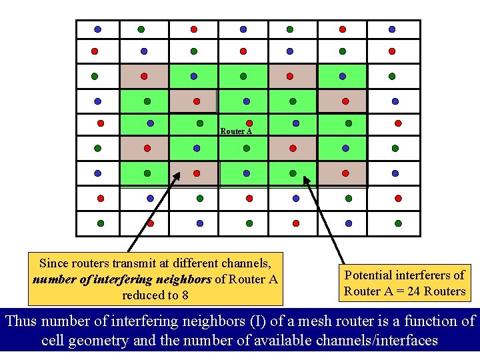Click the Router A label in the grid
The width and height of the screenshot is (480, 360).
coord(236,131)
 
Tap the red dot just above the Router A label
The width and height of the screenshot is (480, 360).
coord(249,123)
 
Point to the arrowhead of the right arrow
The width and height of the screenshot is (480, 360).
coord(305,178)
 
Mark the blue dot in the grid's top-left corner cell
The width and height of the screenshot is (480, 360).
coord(97,30)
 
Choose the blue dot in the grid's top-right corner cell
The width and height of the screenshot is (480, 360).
coord(392,30)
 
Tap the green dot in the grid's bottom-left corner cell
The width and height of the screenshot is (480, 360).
coord(101,223)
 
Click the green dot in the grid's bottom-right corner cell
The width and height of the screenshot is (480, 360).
coord(399,223)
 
